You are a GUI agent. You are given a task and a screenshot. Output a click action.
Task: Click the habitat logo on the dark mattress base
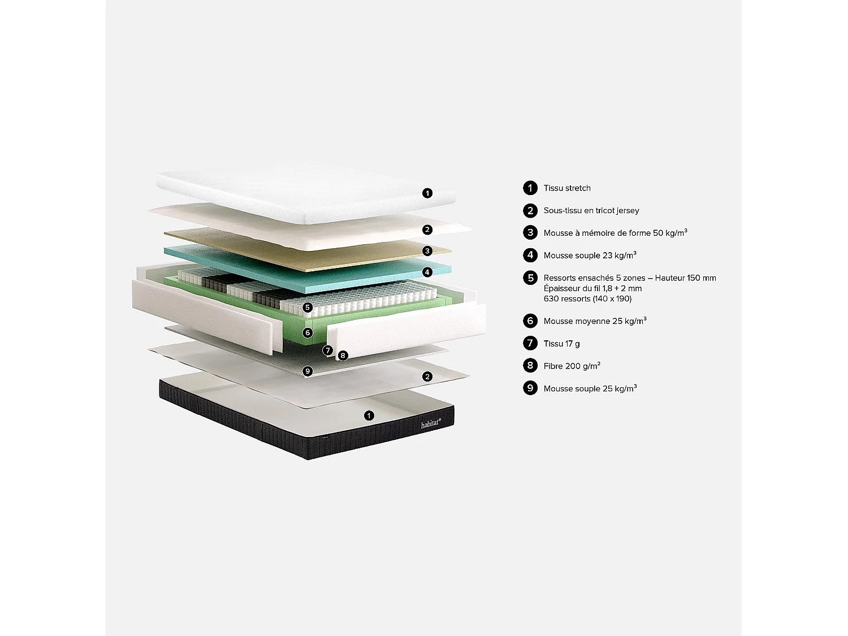430,423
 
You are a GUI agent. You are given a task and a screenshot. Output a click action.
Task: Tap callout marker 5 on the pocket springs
308,308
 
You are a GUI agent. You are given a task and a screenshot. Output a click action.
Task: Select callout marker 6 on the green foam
308,332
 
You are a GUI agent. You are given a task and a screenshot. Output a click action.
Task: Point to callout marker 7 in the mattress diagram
328,351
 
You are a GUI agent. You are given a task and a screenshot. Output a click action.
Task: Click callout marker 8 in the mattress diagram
343,356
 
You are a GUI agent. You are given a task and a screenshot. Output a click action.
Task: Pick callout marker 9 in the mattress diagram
308,371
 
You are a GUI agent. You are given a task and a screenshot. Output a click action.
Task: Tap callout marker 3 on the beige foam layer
427,251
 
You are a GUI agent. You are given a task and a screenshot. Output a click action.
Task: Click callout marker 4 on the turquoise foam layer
427,272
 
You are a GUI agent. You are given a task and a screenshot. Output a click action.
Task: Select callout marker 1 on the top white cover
427,193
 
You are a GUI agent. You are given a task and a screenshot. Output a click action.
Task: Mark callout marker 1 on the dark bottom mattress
369,416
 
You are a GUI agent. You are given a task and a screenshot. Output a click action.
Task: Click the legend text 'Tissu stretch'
567,188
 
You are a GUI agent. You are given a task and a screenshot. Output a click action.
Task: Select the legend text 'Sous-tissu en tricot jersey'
591,210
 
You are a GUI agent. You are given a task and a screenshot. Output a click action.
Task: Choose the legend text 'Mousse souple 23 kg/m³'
590,256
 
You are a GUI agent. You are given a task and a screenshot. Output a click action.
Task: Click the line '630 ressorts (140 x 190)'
587,299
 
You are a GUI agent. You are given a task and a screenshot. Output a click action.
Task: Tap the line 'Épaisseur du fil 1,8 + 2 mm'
592,288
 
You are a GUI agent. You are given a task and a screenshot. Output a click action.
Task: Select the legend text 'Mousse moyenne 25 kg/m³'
595,321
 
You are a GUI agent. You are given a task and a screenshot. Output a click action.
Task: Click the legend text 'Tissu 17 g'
561,344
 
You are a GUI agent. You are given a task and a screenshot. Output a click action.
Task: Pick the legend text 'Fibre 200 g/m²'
572,366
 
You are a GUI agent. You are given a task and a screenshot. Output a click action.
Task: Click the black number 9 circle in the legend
530,388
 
